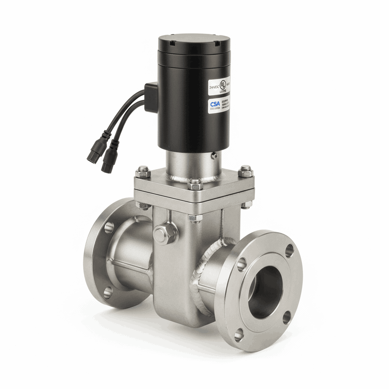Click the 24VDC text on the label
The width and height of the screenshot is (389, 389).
[214, 87]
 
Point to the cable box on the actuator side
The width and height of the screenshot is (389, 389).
[151, 97]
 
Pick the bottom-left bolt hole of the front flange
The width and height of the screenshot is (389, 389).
[239, 334]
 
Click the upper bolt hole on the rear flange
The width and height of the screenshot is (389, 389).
[109, 227]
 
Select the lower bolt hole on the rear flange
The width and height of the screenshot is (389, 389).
[108, 292]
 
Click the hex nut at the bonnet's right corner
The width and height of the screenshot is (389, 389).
[245, 172]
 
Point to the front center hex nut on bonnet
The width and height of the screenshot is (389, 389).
[195, 184]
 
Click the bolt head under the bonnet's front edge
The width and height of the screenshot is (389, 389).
[195, 218]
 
